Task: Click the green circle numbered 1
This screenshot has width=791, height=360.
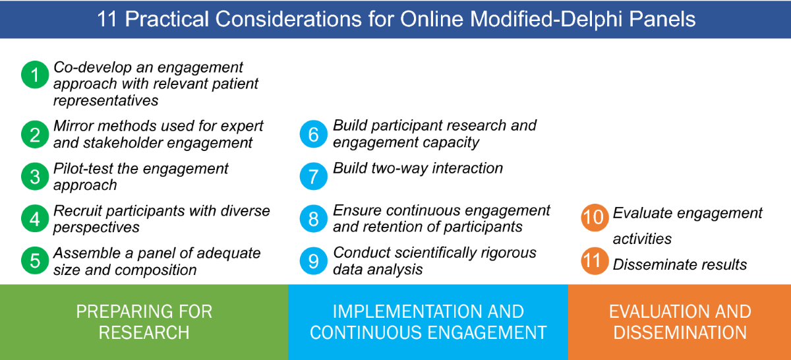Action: [x=35, y=75]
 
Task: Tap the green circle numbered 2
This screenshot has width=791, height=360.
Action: [x=35, y=135]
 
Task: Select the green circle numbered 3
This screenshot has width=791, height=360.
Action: [x=35, y=176]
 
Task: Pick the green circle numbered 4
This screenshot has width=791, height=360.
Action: [x=35, y=219]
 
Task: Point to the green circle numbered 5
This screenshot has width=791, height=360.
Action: [x=35, y=260]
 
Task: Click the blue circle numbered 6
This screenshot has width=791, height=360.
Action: [x=314, y=134]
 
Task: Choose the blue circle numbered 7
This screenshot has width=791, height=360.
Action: [x=314, y=176]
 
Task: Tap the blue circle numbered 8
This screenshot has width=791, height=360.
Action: [x=314, y=219]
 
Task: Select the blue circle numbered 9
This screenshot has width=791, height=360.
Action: [x=314, y=260]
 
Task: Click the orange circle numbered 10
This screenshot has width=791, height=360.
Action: [x=595, y=218]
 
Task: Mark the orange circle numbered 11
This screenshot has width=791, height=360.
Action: [x=595, y=260]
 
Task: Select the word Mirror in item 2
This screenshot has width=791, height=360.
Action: [x=73, y=126]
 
